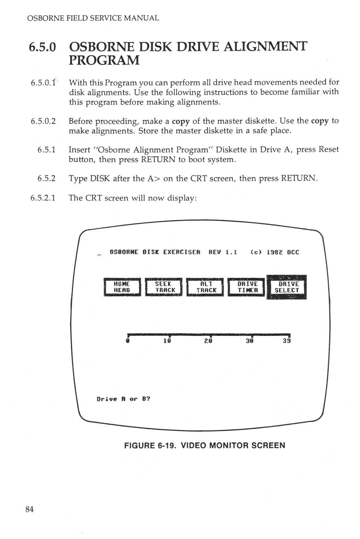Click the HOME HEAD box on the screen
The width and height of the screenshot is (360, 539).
[x=122, y=287]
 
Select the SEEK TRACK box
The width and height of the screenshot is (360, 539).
[x=164, y=287]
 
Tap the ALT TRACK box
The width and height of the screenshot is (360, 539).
[x=205, y=287]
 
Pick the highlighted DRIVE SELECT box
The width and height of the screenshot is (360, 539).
[x=287, y=287]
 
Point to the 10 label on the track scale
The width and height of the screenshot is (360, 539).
[x=167, y=341]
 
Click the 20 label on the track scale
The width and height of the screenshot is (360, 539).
[x=208, y=341]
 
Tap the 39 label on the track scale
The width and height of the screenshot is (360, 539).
[x=287, y=341]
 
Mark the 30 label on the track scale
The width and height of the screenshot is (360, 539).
[x=249, y=341]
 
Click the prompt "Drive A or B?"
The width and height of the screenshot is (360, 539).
[x=123, y=399]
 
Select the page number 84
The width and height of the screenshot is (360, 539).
[x=30, y=509]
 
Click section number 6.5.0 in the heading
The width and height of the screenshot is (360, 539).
[x=43, y=47]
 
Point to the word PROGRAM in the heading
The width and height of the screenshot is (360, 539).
[x=104, y=60]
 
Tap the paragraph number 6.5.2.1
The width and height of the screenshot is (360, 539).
[x=43, y=198]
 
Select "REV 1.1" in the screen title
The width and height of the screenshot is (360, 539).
[x=223, y=252]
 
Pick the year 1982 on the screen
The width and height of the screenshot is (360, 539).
[x=275, y=252]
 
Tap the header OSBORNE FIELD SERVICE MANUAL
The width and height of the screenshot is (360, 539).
[x=93, y=18]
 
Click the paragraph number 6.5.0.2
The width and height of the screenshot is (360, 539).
[x=43, y=121]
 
